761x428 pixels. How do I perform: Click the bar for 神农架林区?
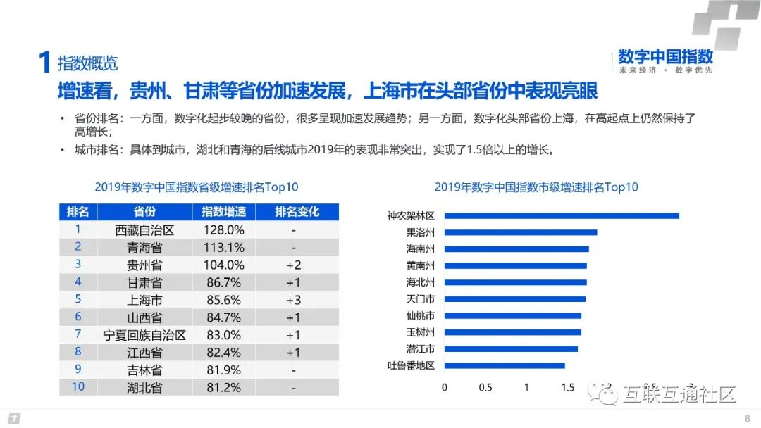[x=562, y=215]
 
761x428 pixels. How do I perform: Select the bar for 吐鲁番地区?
[x=505, y=365]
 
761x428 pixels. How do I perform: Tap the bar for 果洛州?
[x=521, y=232]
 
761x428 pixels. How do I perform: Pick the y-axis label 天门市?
[x=421, y=299]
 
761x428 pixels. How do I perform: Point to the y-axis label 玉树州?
[x=421, y=332]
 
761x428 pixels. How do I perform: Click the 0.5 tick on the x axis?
[x=485, y=387]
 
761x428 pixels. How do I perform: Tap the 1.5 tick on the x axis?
[x=567, y=387]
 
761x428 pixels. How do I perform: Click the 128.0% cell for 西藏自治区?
[x=223, y=230]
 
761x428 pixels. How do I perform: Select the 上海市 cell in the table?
[x=144, y=300]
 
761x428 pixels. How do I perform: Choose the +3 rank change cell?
[x=293, y=300]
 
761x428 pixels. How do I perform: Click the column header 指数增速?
[x=223, y=212]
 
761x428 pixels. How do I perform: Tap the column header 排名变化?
[x=297, y=212]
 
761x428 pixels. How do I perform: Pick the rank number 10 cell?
[x=78, y=386]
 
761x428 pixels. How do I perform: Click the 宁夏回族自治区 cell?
[x=144, y=335]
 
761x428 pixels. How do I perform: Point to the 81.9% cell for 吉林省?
[x=223, y=370]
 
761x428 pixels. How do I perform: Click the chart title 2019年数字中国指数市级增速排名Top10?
[x=536, y=187]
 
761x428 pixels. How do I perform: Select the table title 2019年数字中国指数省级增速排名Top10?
[x=197, y=187]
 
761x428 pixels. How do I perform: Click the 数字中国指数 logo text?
[x=665, y=57]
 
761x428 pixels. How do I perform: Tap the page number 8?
[x=747, y=419]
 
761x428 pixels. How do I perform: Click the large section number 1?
[x=44, y=63]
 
